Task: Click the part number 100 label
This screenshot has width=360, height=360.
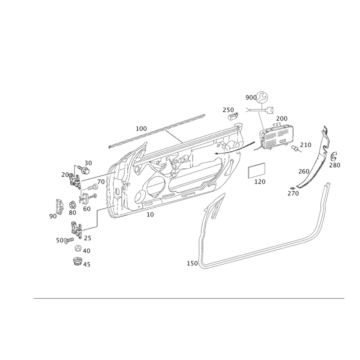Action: click(x=141, y=128)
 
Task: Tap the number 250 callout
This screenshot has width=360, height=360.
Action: click(x=229, y=109)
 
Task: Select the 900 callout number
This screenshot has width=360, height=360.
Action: click(x=251, y=98)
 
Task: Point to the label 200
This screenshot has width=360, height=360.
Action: click(x=282, y=118)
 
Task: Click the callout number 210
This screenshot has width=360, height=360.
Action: click(x=306, y=145)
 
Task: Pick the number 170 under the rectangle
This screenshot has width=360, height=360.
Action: click(x=260, y=182)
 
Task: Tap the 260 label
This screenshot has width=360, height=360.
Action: click(x=304, y=171)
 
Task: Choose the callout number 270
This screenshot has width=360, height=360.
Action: click(x=293, y=193)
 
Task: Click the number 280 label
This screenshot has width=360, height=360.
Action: click(x=334, y=165)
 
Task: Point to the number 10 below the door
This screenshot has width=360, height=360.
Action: click(x=150, y=215)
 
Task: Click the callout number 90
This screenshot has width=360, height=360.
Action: click(x=53, y=216)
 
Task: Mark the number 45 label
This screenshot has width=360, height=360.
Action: click(x=86, y=265)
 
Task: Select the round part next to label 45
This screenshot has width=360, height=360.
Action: click(x=77, y=261)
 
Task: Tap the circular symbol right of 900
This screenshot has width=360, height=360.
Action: click(x=263, y=96)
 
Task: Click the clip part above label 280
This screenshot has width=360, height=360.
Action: click(x=333, y=156)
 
